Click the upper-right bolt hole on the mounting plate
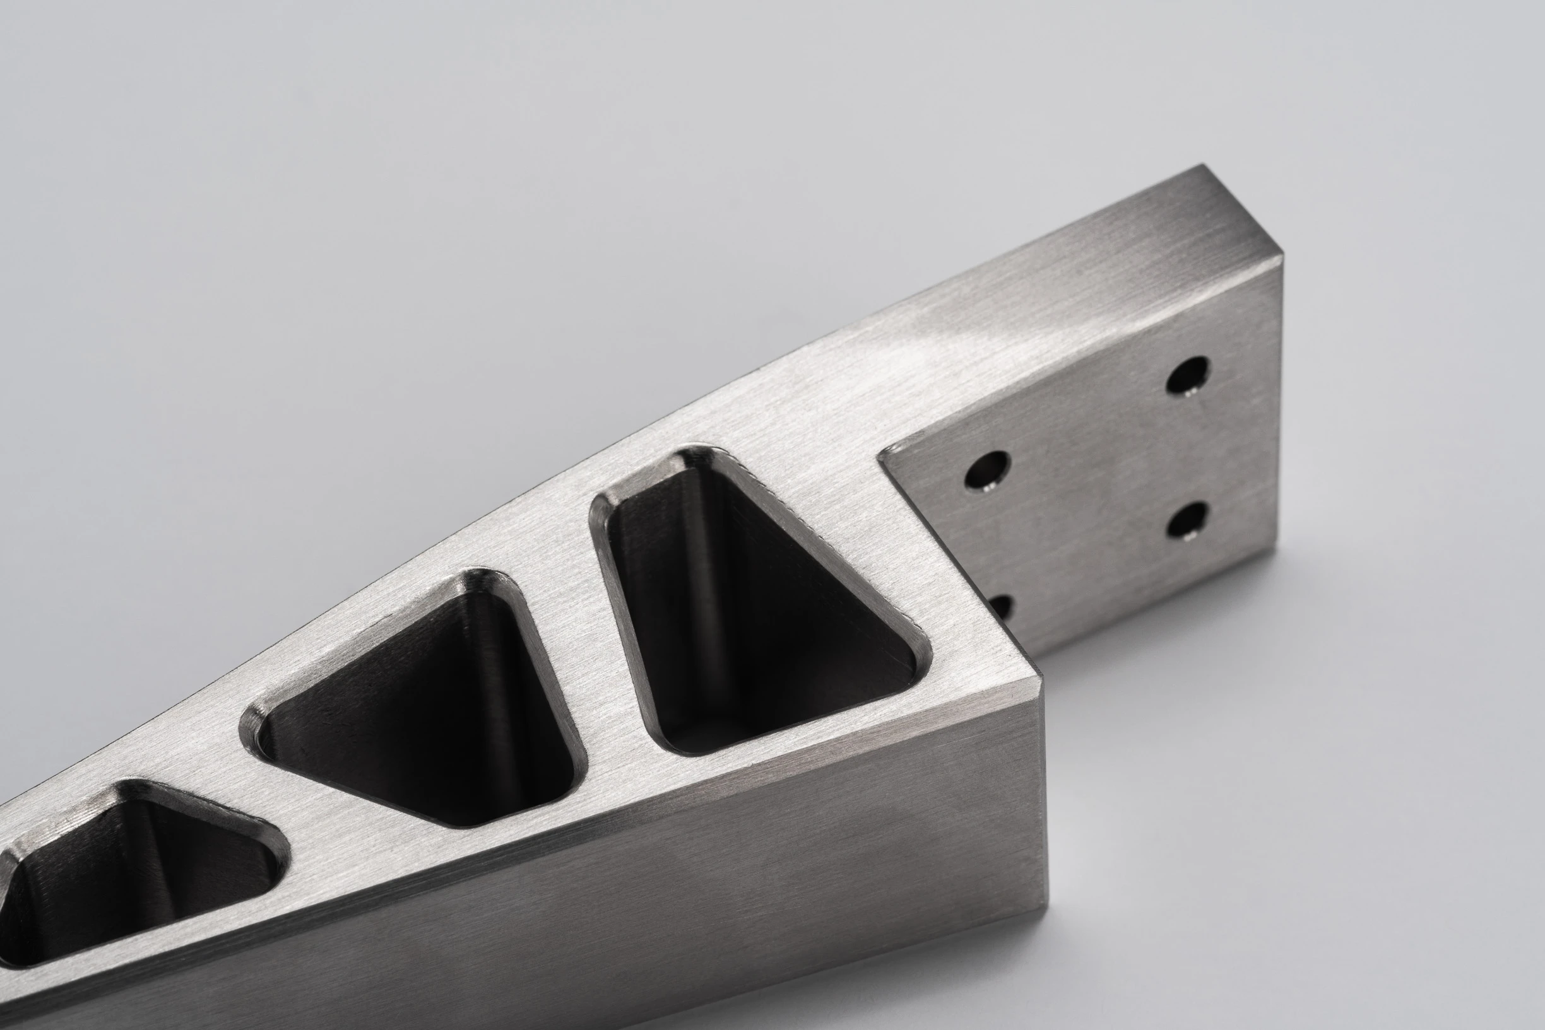(1188, 375)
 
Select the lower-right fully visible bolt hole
(1188, 520)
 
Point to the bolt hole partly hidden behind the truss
(1002, 606)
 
